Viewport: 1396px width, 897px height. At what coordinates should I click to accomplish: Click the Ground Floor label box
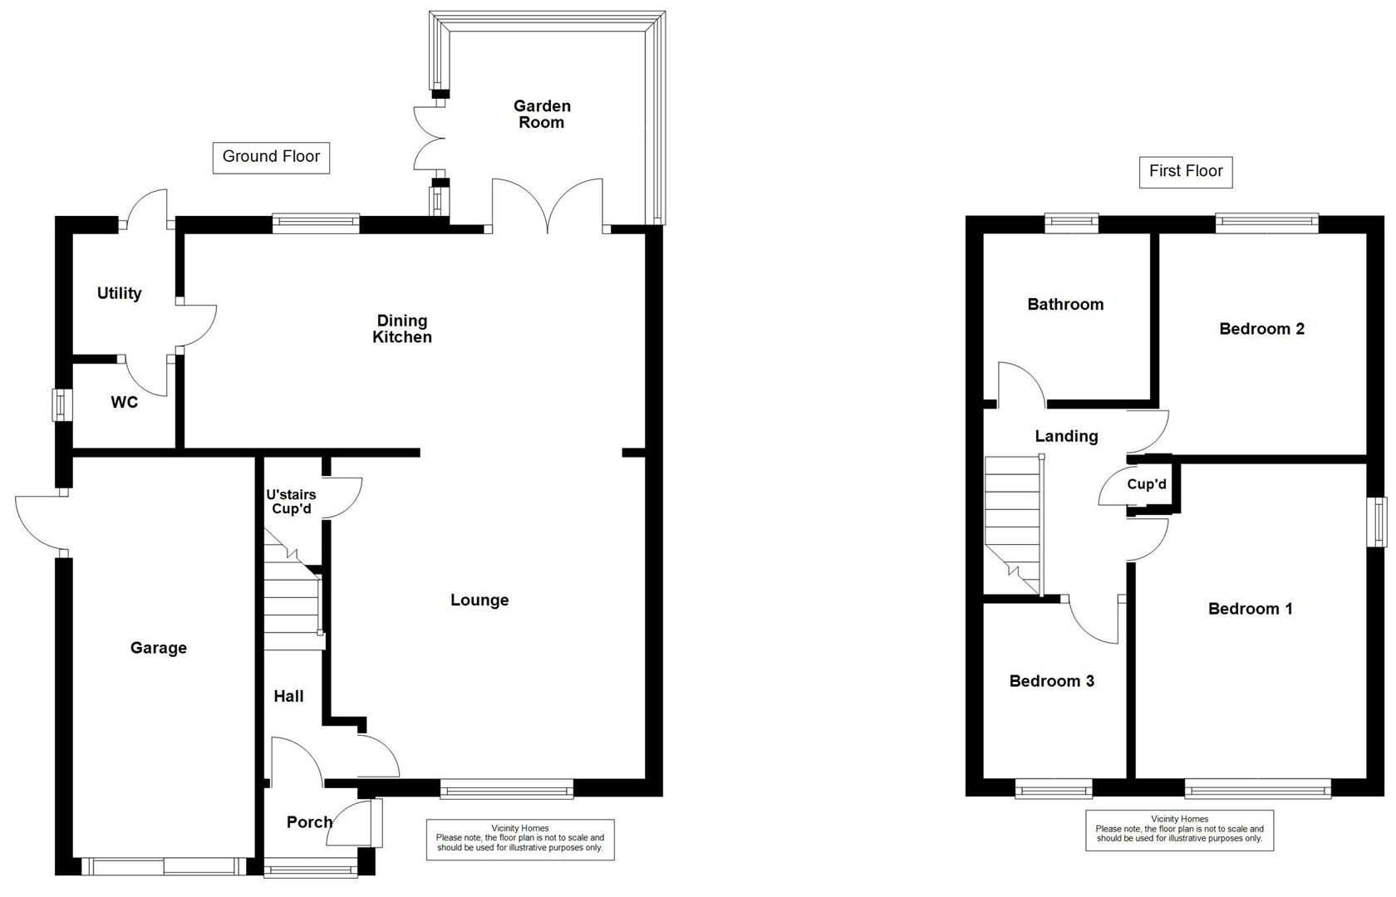click(271, 157)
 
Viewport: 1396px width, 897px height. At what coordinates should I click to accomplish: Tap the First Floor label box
click(1186, 172)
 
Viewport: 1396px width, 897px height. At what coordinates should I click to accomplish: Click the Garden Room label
click(542, 114)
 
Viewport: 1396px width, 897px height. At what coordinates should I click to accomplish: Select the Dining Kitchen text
click(402, 329)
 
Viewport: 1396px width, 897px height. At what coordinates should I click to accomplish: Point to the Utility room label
click(119, 293)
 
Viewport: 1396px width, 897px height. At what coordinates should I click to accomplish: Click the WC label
click(125, 403)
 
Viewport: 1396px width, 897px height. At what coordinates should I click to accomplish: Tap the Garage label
click(158, 648)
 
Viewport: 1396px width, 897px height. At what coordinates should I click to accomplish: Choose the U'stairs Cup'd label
click(291, 502)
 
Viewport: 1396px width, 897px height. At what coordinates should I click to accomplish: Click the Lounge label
click(479, 600)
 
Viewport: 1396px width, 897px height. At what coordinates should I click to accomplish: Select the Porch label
click(309, 822)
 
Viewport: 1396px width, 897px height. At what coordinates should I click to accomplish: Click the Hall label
click(288, 696)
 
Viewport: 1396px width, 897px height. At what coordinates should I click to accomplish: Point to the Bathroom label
click(1065, 304)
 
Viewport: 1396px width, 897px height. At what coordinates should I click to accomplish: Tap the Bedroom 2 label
click(1261, 329)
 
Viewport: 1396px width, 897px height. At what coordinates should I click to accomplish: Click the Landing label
click(1066, 436)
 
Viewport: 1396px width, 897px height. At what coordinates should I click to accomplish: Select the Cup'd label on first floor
click(1147, 484)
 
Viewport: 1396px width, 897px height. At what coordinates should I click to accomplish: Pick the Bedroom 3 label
click(1051, 681)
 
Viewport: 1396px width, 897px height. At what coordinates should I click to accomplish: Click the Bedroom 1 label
click(1250, 609)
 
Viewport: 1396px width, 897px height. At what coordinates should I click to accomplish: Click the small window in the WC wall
click(60, 404)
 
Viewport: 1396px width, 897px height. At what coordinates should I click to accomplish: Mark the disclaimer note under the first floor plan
click(1179, 829)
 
